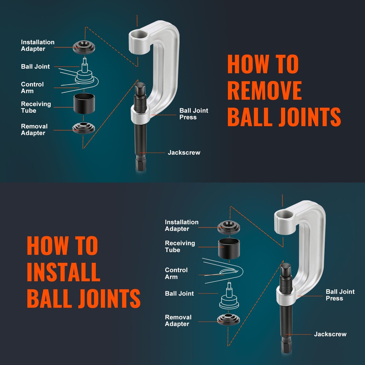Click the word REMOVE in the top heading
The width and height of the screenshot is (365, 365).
(264, 91)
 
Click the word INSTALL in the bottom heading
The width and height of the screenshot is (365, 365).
(63, 272)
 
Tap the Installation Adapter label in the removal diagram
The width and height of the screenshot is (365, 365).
(37, 45)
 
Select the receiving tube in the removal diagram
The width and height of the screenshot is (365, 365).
(84, 104)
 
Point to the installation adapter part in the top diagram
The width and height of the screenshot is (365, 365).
(84, 47)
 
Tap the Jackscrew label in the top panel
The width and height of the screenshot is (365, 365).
(184, 153)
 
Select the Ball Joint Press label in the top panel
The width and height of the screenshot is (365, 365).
(193, 114)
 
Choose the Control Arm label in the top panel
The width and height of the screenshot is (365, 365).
(32, 88)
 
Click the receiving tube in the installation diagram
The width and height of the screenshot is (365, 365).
(229, 249)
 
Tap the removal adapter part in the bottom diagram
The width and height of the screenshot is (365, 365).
(228, 320)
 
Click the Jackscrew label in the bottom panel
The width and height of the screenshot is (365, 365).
(330, 334)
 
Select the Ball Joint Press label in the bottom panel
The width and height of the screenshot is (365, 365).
(340, 295)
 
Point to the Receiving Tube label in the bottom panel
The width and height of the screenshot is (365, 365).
(180, 247)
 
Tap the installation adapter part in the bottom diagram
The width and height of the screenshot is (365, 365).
(229, 227)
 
